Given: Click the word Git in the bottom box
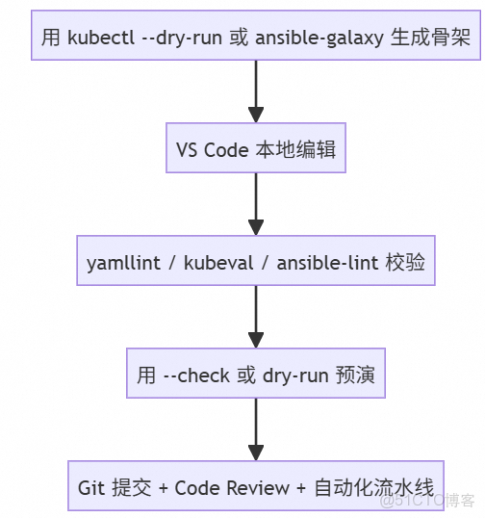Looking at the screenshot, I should coord(91,488).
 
